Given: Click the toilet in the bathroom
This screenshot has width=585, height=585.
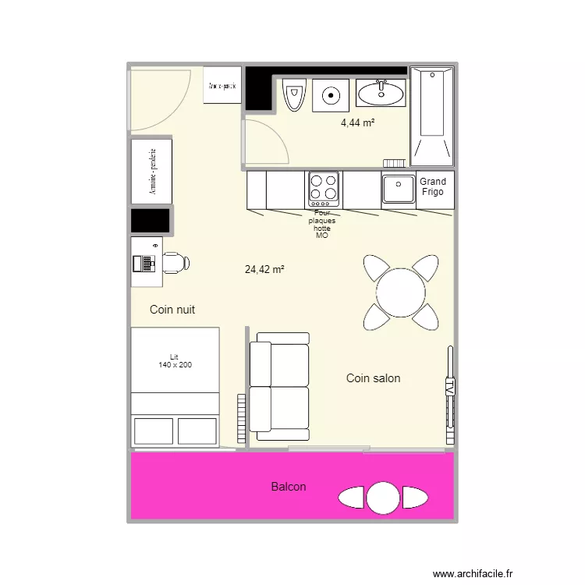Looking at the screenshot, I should point(294,97).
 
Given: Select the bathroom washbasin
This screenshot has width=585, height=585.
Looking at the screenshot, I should point(381,94).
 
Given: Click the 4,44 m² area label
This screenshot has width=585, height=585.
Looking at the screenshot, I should point(357,122).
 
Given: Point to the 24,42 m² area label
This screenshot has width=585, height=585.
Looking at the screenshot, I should point(264,270).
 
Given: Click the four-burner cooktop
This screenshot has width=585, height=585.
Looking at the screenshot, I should point(324,188).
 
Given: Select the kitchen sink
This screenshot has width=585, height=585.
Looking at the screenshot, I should point(398,189).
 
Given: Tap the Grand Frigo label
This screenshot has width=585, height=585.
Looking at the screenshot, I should point(434,186).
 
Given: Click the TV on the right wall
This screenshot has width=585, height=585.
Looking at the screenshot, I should point(449,388).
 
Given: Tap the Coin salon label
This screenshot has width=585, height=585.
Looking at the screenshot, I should point(373,378).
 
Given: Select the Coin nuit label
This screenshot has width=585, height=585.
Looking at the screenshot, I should point(172,310).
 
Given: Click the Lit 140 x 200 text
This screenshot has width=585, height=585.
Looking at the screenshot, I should point(175,361).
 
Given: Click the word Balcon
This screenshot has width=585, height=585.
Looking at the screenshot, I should point(289,487).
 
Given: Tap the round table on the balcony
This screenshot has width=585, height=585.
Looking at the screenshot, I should point(383,497).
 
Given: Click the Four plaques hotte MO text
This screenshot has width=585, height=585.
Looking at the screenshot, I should point(321,223).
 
